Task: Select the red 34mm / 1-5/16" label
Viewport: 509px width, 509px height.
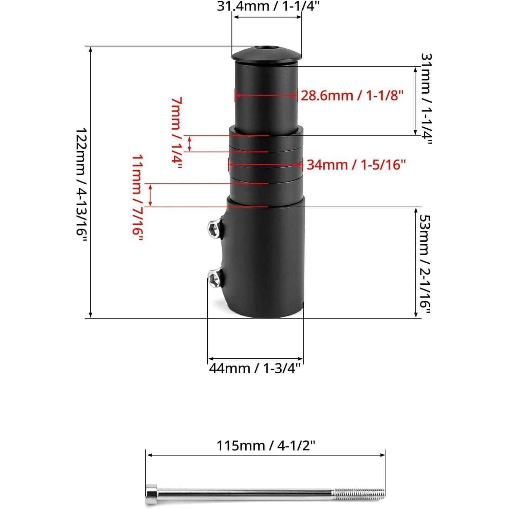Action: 356,165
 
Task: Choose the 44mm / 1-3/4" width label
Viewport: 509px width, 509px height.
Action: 255,368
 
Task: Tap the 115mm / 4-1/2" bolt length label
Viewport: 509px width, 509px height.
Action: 266,446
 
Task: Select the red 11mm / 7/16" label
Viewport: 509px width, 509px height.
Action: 137,198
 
